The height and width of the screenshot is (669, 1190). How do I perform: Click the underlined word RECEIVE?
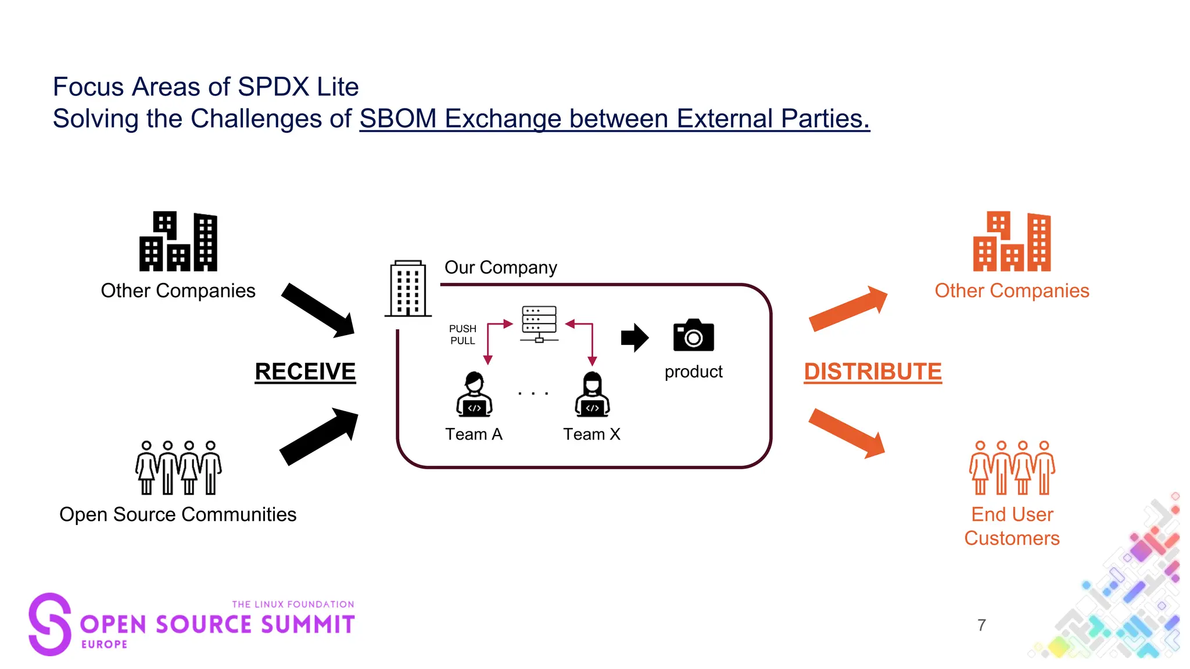click(305, 372)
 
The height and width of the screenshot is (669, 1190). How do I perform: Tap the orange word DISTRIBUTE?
click(872, 372)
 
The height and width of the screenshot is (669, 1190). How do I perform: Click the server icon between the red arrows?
click(539, 323)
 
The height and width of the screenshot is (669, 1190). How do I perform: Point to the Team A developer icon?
click(474, 395)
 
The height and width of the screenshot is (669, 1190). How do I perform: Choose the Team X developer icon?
click(592, 395)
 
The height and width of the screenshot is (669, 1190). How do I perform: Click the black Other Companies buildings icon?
click(178, 242)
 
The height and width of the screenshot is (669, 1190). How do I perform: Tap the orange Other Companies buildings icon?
click(1012, 242)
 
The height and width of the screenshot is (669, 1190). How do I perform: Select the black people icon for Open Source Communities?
click(178, 467)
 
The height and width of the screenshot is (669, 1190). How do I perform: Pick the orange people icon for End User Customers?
click(1012, 467)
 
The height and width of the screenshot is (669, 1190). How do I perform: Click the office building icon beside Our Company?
click(408, 289)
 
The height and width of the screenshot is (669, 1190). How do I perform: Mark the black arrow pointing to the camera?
click(635, 337)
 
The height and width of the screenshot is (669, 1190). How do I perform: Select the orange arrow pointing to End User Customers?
click(847, 433)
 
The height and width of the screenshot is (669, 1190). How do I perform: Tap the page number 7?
click(981, 625)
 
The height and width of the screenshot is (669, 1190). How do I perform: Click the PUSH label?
click(463, 329)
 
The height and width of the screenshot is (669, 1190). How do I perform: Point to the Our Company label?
click(500, 268)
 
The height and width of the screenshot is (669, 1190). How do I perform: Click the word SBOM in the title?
click(398, 119)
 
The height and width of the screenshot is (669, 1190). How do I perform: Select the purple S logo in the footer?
click(50, 624)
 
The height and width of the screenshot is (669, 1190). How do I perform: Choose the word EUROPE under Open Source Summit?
click(105, 644)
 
